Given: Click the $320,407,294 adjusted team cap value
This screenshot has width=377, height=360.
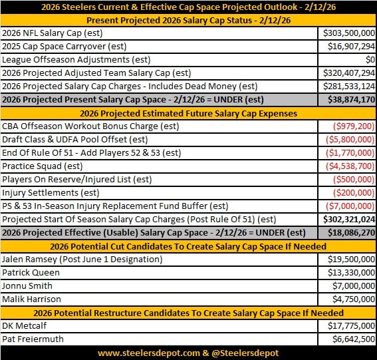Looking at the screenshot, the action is [x=349, y=73].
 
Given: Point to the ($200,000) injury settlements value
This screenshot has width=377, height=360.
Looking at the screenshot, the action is [x=353, y=192].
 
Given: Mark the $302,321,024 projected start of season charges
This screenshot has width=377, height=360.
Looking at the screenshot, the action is [x=349, y=219].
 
